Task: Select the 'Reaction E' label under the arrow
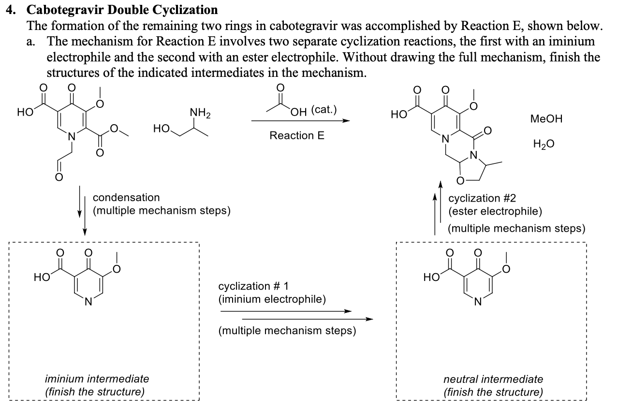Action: click(297, 135)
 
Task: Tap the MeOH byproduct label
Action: click(546, 119)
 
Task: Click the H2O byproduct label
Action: click(544, 144)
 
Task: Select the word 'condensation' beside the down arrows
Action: click(126, 197)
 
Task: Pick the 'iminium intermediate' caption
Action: click(97, 379)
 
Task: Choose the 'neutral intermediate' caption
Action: click(493, 379)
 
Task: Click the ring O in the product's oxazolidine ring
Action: click(460, 181)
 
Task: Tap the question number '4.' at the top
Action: click(11, 9)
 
